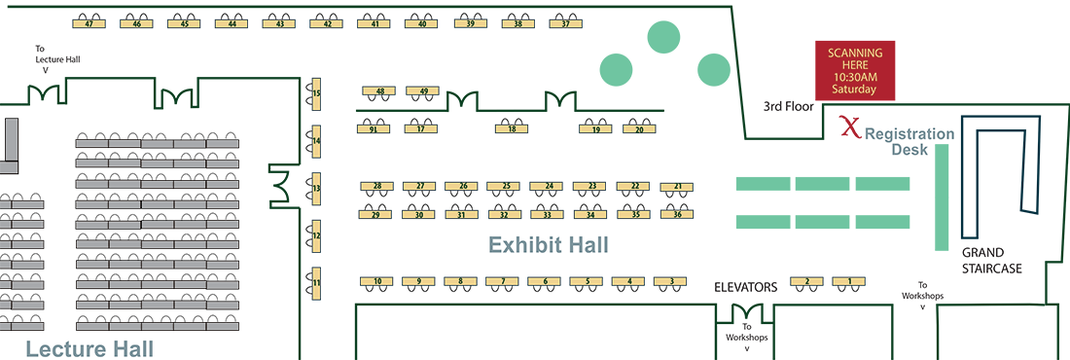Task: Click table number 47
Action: [x=89, y=23]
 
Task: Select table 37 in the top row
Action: [x=565, y=23]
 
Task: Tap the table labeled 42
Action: [x=327, y=23]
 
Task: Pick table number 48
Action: [x=379, y=91]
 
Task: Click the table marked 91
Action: [x=374, y=129]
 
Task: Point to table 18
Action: [x=512, y=129]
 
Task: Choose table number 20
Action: [x=639, y=129]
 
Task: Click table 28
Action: [x=376, y=185]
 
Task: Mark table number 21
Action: [x=676, y=185]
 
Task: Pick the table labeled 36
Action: [x=676, y=214]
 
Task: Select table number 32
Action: [x=504, y=214]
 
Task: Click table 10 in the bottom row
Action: [x=376, y=281]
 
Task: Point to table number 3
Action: [x=671, y=281]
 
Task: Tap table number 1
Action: [x=849, y=281]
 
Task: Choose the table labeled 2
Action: [x=806, y=281]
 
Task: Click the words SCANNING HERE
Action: [x=854, y=57]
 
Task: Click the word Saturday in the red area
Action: [x=853, y=90]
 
